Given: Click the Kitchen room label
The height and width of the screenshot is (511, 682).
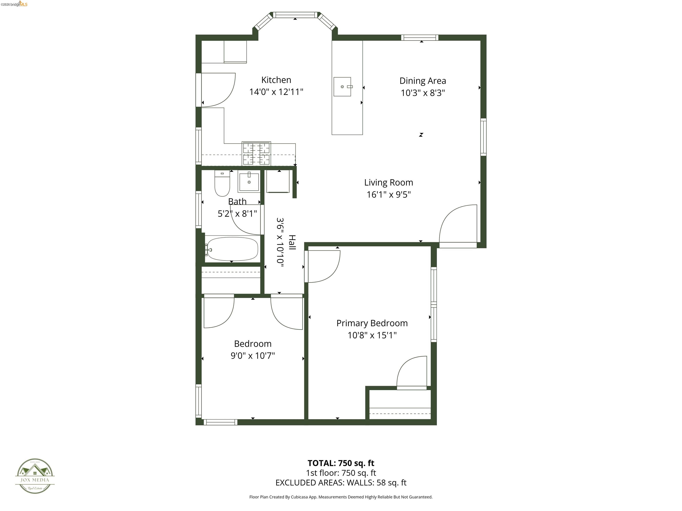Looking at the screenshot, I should [276, 80].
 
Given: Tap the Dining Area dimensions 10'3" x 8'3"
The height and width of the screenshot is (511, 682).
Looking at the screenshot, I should [422, 93].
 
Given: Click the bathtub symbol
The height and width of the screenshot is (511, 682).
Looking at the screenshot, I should [232, 249].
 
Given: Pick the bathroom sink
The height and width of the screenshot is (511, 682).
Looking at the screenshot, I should [249, 182].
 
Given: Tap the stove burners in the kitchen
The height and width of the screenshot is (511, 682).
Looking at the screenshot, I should [256, 154].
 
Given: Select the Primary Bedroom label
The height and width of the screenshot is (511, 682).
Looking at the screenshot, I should [372, 323].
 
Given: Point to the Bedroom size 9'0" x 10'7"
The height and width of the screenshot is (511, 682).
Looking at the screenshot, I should [252, 356].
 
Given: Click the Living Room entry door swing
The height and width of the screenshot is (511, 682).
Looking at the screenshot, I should [458, 224].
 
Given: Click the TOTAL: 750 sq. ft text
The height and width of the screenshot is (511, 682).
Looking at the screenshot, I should [341, 463].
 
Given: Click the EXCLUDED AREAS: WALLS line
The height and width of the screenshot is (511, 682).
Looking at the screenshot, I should [341, 483].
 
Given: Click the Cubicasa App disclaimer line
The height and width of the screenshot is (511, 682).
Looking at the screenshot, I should [341, 497].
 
